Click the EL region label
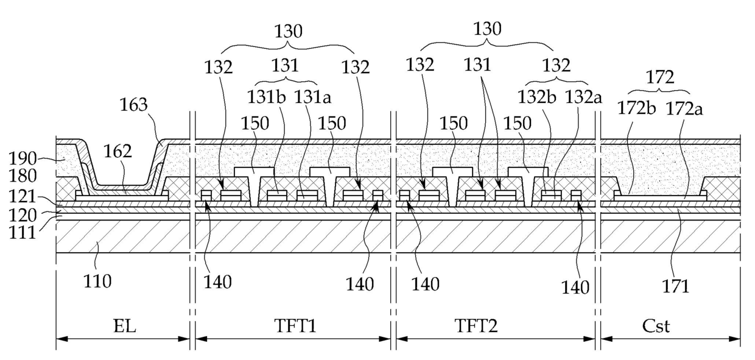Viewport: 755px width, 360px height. (x=124, y=326)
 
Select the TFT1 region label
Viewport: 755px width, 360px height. (x=295, y=326)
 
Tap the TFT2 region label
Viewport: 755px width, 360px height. (x=476, y=326)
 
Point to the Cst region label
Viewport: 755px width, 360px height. (x=656, y=326)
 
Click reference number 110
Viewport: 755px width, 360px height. (x=97, y=281)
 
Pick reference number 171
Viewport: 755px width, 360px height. (x=676, y=286)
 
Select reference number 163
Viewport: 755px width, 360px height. (x=133, y=105)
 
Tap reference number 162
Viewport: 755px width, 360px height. (x=118, y=151)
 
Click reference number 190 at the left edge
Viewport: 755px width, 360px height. (x=23, y=158)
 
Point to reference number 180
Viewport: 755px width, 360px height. (x=23, y=176)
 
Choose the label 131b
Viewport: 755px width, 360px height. (x=266, y=97)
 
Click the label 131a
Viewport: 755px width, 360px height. (x=313, y=97)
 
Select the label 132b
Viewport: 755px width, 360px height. (x=536, y=97)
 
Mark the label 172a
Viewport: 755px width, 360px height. (x=684, y=109)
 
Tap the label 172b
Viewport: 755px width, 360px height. (x=636, y=108)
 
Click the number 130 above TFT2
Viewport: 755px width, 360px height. (x=487, y=29)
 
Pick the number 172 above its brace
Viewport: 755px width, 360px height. (x=660, y=77)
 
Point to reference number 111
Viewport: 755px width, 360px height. (x=23, y=233)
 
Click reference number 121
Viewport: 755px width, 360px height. (x=23, y=196)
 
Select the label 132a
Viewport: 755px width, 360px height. (x=583, y=97)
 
